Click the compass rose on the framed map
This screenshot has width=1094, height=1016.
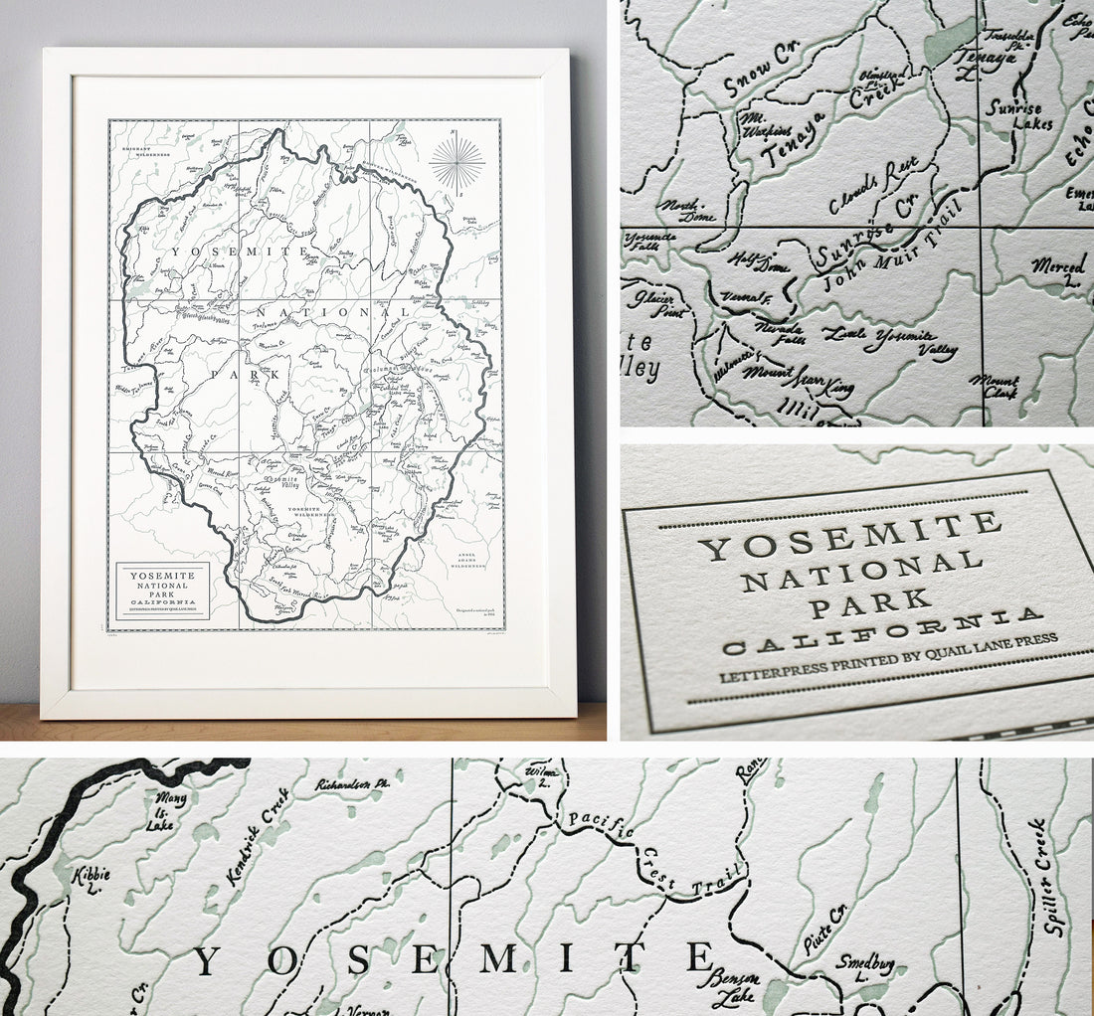coord(457,163)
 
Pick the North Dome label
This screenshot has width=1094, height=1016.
coord(683,209)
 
